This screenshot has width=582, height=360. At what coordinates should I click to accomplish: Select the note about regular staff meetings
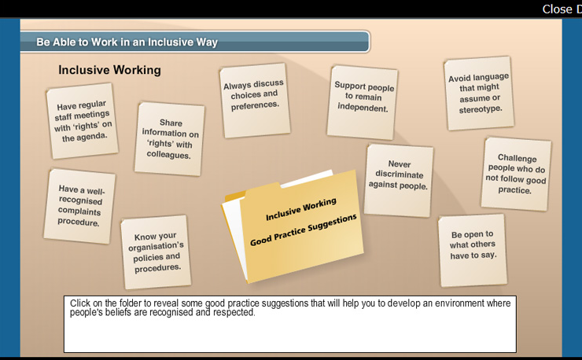83,121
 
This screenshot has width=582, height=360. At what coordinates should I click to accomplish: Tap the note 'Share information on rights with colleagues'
170,139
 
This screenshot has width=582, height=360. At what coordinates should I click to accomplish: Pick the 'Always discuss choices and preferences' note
255,100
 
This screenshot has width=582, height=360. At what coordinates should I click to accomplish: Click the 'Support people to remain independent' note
363,102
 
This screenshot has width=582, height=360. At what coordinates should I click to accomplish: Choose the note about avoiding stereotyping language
479,94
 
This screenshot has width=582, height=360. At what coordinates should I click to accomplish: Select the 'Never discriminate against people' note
399,180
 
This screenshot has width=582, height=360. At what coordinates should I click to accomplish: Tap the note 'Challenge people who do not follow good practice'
516,174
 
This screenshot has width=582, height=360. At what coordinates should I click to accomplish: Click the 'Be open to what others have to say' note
473,251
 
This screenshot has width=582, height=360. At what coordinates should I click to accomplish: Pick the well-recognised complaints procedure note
79,206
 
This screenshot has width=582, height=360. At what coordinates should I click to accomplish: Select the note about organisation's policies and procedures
156,252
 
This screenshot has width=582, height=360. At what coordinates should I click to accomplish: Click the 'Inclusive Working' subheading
109,70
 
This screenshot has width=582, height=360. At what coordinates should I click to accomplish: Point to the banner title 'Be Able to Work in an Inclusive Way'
127,42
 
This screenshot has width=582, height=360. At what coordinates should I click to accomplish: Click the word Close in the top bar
557,9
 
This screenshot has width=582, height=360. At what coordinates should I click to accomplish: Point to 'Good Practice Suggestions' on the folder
304,230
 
